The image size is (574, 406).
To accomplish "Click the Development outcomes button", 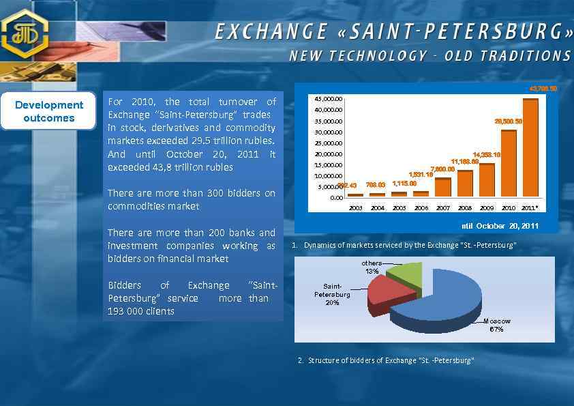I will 49,111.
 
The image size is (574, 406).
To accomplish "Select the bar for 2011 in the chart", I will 530,147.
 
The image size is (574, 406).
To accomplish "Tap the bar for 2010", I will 509,163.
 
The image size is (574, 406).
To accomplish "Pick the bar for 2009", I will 487,180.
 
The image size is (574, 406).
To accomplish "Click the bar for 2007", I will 443,187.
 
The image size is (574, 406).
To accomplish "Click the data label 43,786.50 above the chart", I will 543,89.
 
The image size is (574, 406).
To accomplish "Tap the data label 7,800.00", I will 442,169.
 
